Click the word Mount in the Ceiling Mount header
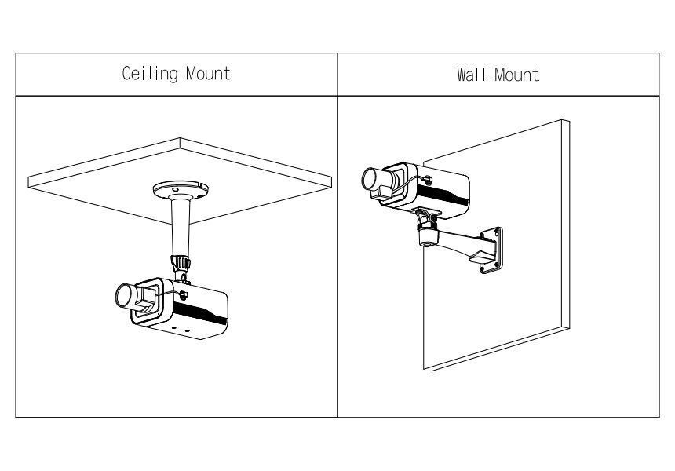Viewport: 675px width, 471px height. click(208, 74)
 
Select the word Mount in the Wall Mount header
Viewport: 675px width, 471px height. click(518, 75)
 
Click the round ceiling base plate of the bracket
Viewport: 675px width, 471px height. click(181, 190)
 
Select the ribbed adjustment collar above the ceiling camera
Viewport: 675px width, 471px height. click(181, 261)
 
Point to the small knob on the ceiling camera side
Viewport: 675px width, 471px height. click(183, 296)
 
